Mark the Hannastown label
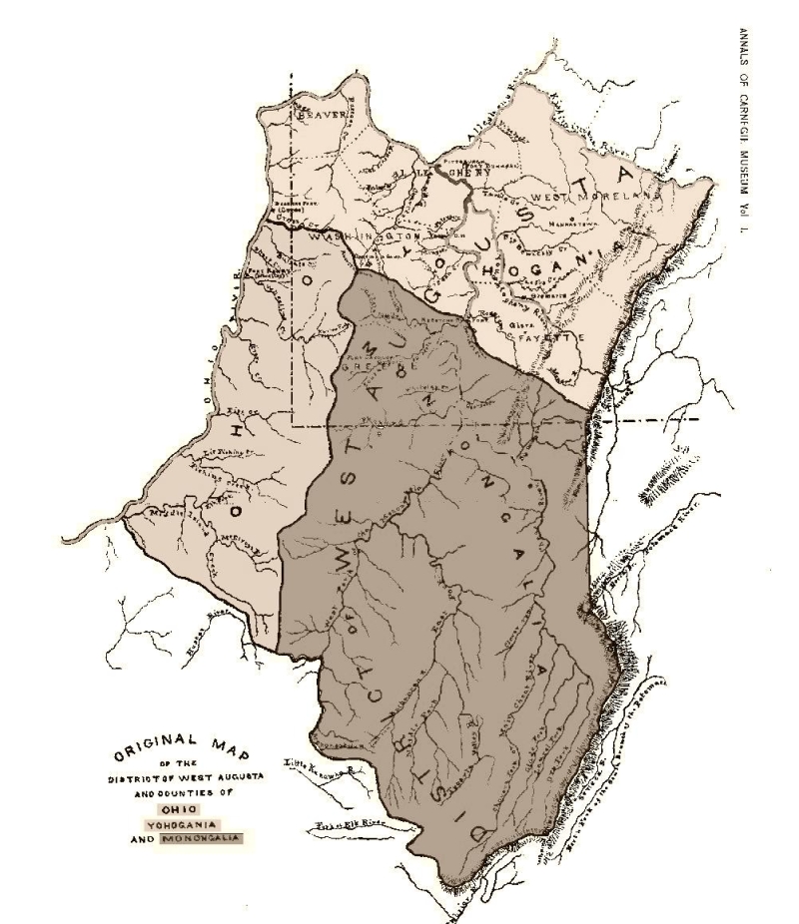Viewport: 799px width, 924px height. pos(577,227)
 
